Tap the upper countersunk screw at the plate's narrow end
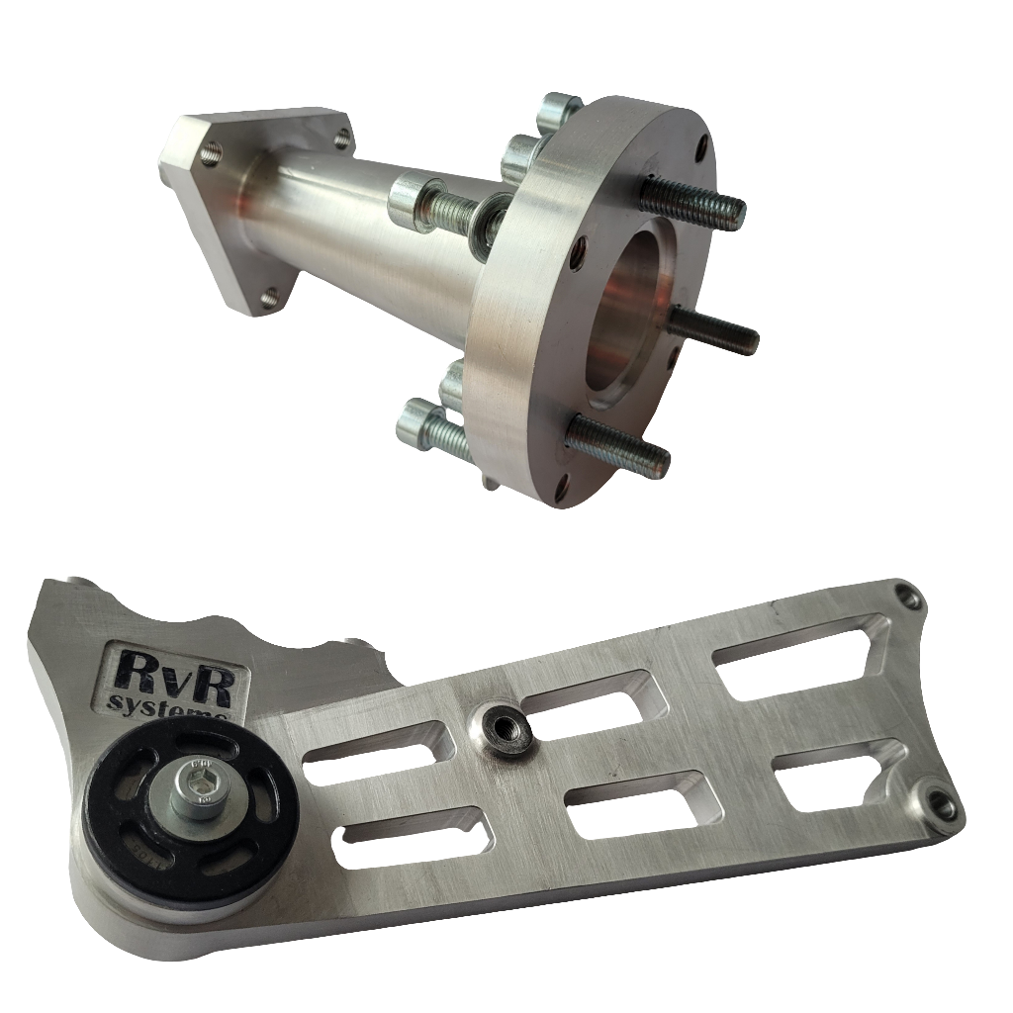(906, 598)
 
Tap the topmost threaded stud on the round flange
(692, 203)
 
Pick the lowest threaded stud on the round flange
(618, 445)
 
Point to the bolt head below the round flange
(420, 427)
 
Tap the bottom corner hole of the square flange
(269, 295)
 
